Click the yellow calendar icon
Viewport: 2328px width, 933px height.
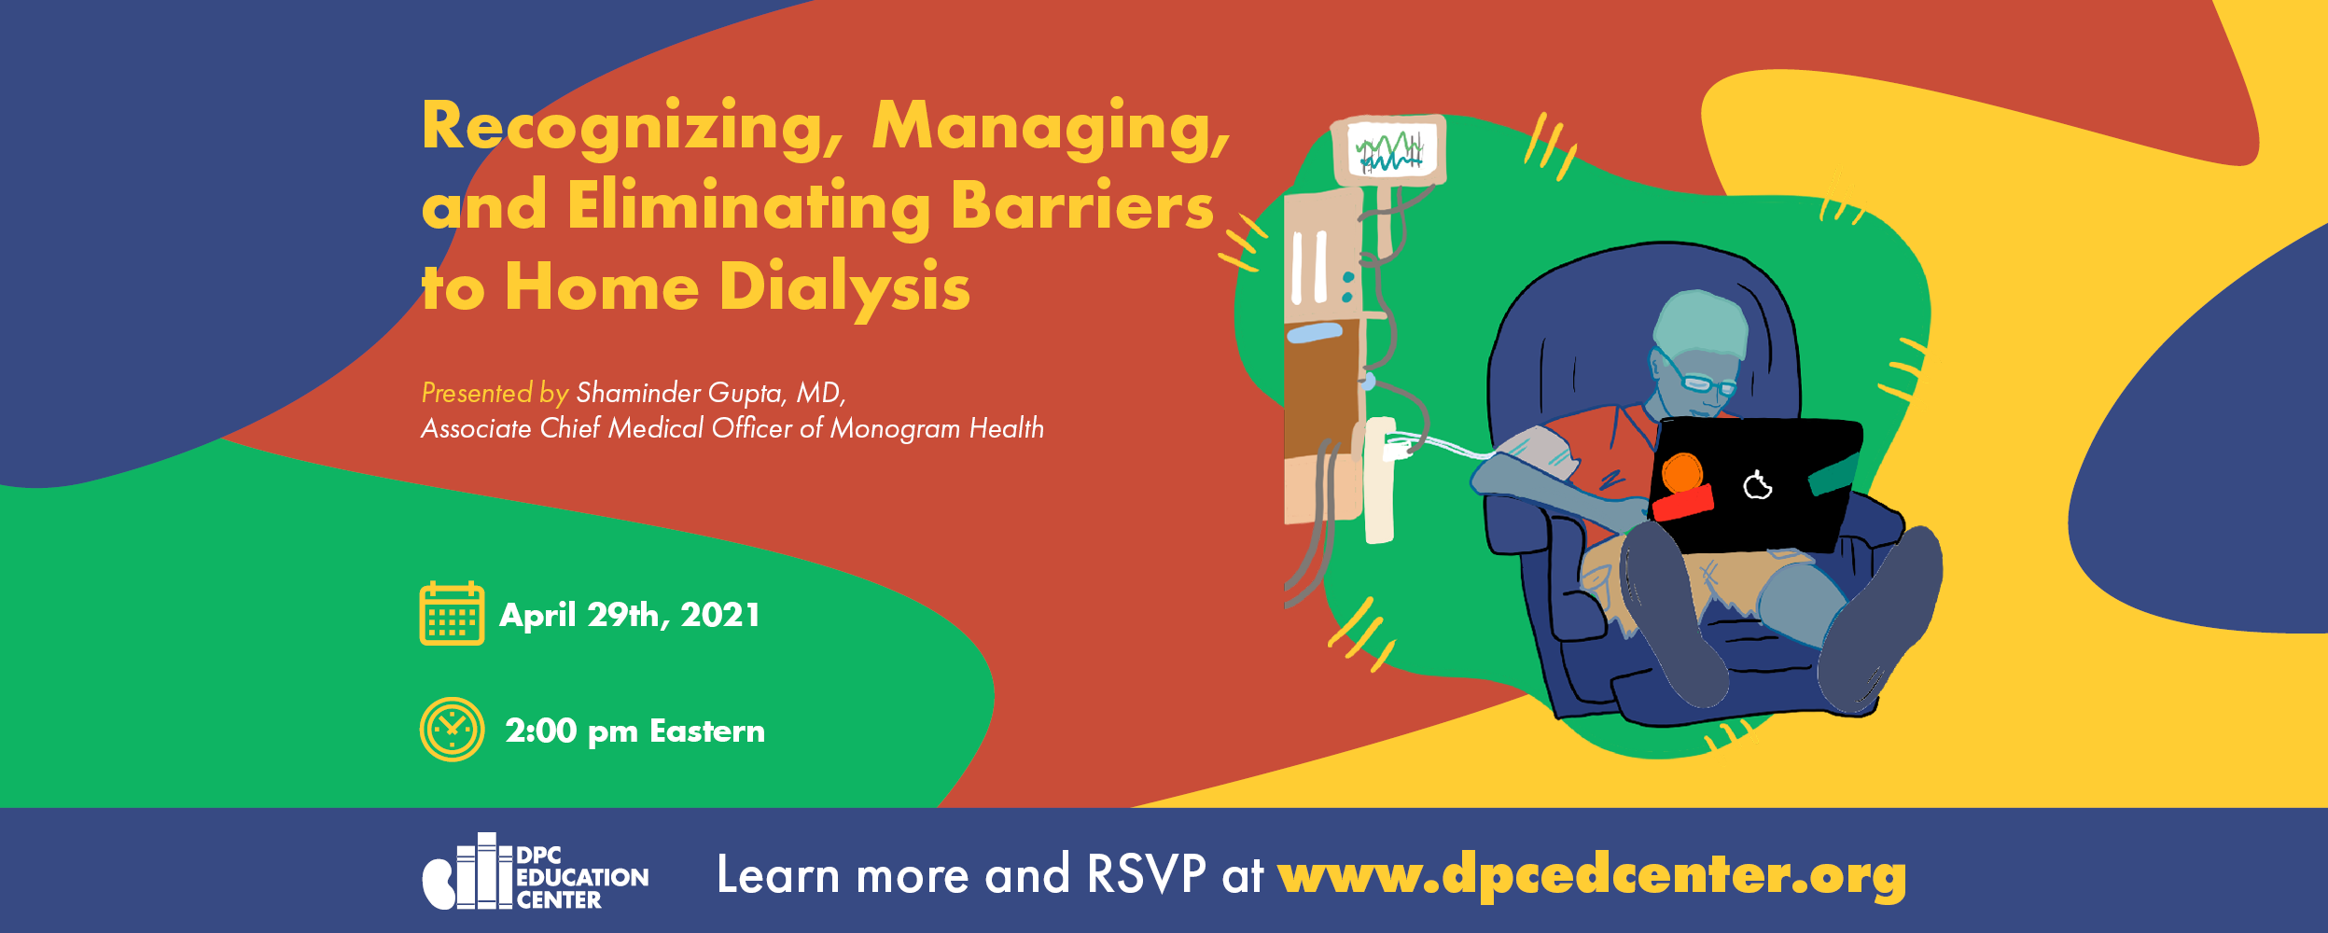point(452,613)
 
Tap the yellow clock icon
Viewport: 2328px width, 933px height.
point(452,730)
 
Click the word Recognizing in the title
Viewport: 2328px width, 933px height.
point(633,128)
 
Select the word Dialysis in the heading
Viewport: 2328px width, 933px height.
point(844,288)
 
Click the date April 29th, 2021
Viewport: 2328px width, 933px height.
point(630,615)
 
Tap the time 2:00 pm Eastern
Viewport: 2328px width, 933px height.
point(634,731)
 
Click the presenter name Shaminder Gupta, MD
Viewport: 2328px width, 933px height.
point(710,393)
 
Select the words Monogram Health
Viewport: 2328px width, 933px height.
point(937,428)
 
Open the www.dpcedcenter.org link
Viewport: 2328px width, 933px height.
point(1592,876)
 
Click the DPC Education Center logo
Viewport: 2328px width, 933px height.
point(536,871)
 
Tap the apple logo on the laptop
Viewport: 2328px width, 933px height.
point(1758,485)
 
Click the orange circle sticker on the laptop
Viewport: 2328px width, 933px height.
point(1682,473)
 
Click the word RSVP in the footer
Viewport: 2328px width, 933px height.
point(1147,874)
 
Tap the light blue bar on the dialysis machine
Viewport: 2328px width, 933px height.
point(1315,332)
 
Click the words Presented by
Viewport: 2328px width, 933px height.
point(495,393)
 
